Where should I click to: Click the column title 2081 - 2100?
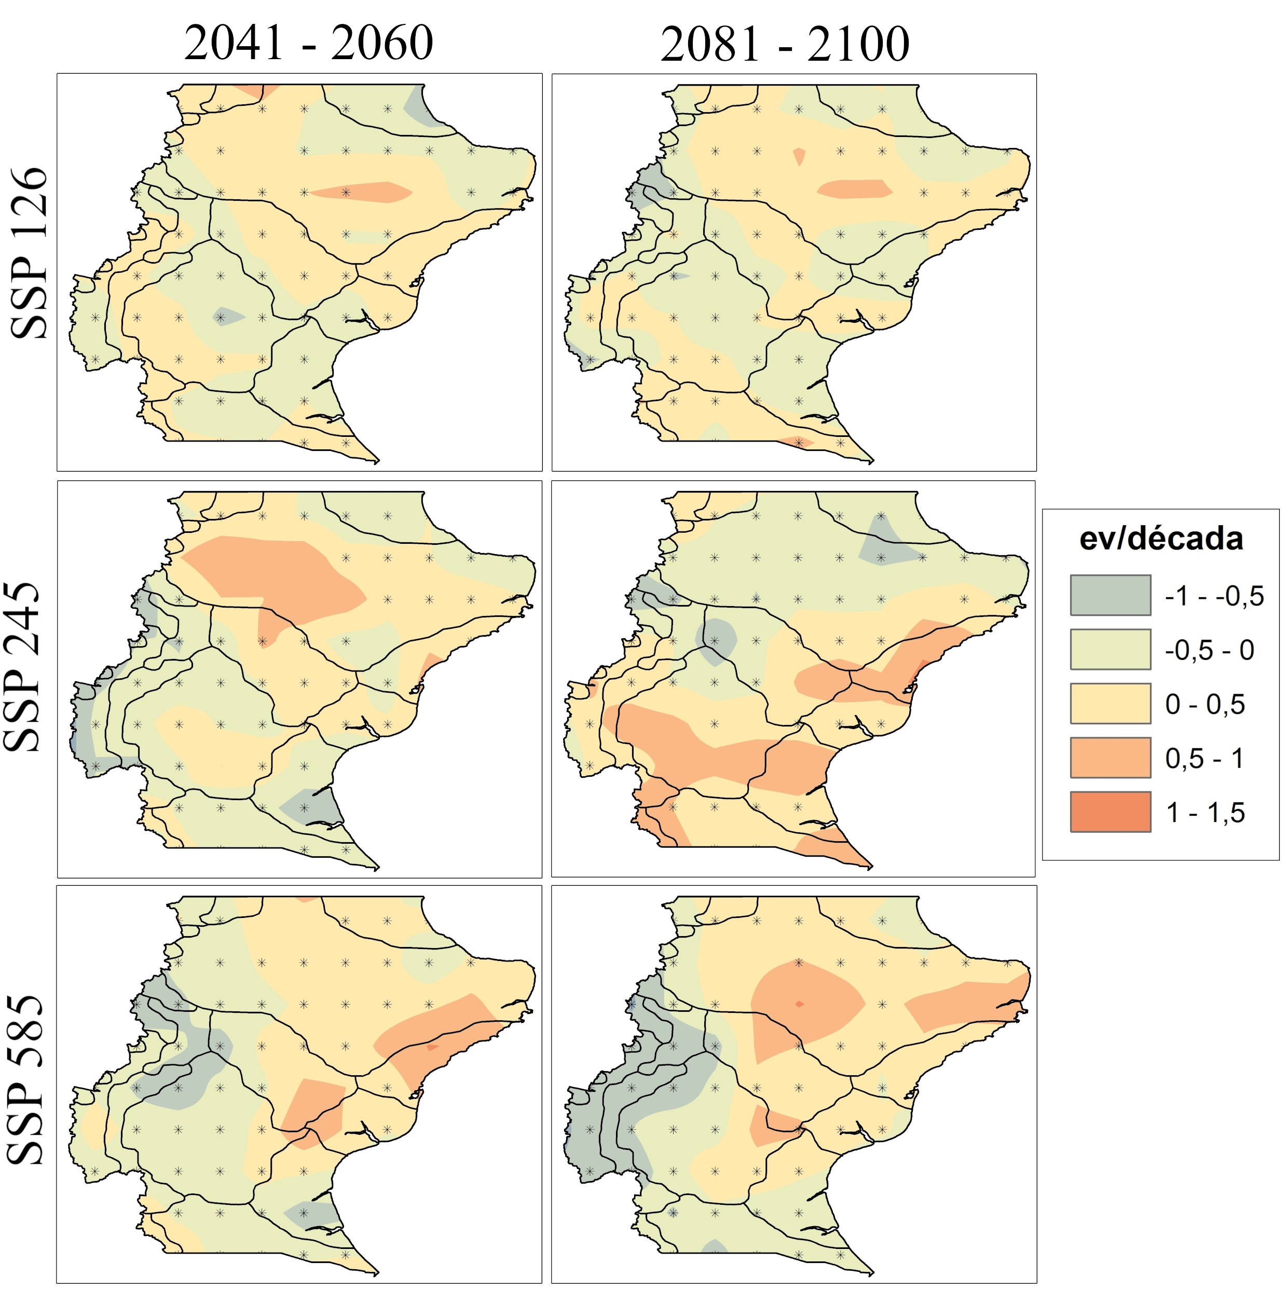[x=785, y=45]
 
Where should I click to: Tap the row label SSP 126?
[x=30, y=253]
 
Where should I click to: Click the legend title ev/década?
[x=1161, y=539]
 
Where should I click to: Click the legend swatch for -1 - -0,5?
[x=1110, y=595]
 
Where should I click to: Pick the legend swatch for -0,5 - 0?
[x=1110, y=649]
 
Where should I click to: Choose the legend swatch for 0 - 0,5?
[x=1110, y=703]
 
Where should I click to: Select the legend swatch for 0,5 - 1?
[x=1110, y=757]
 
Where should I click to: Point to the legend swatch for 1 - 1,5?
[x=1110, y=811]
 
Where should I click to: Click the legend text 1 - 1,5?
[x=1205, y=813]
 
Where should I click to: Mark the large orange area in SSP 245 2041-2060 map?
[x=281, y=574]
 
